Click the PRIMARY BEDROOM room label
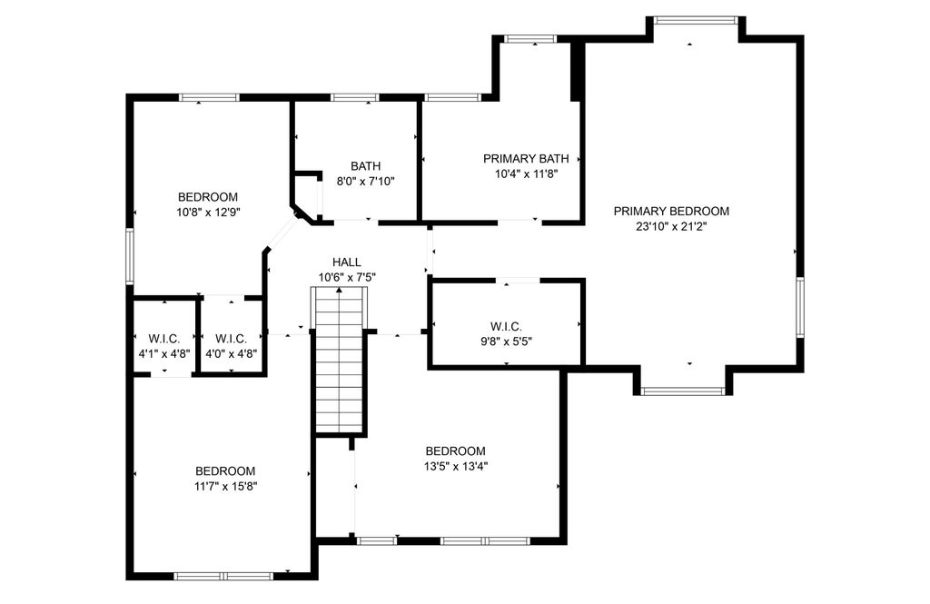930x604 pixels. click(x=671, y=212)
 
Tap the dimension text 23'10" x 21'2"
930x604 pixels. click(x=671, y=226)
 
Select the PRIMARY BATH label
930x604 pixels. click(x=526, y=159)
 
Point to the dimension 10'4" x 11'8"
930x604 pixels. click(x=526, y=173)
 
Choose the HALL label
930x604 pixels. click(x=347, y=262)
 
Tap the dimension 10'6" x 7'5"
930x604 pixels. click(x=347, y=277)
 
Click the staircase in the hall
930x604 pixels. click(x=339, y=361)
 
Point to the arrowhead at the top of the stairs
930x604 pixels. click(x=339, y=290)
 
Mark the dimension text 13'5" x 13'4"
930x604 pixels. click(x=456, y=466)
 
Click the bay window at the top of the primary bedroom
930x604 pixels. click(x=696, y=21)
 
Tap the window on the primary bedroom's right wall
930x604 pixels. click(x=799, y=307)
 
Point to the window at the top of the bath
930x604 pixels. click(x=355, y=97)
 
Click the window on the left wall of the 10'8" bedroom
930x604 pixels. click(x=130, y=256)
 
